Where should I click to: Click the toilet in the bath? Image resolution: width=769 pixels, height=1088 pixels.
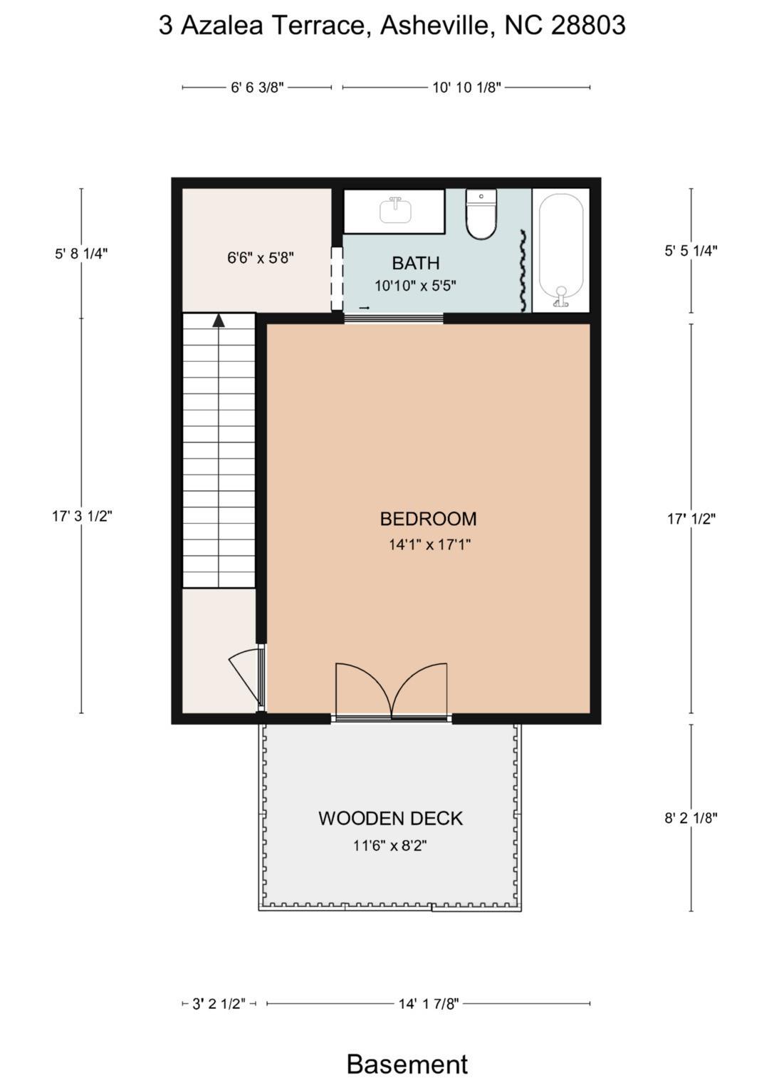pyautogui.click(x=481, y=214)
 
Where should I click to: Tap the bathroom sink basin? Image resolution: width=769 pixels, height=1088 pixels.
pyautogui.click(x=395, y=211)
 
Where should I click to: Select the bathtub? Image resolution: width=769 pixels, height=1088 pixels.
pyautogui.click(x=561, y=251)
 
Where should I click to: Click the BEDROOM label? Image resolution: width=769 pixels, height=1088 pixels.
pyautogui.click(x=428, y=519)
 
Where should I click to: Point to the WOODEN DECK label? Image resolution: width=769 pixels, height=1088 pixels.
pyautogui.click(x=391, y=819)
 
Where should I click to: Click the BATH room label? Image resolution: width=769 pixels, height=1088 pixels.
pyautogui.click(x=416, y=263)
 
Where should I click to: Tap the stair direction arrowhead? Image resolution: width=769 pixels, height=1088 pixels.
pyautogui.click(x=219, y=320)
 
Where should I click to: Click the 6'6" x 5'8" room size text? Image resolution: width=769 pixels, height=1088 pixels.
pyautogui.click(x=261, y=257)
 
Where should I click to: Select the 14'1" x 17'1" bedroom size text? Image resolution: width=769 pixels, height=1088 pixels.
pyautogui.click(x=429, y=544)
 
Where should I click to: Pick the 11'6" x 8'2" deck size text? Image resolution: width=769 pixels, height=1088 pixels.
pyautogui.click(x=390, y=846)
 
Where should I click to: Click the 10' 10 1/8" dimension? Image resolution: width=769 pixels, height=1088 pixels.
pyautogui.click(x=466, y=88)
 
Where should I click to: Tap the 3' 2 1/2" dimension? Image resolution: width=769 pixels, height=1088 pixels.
pyautogui.click(x=219, y=1003)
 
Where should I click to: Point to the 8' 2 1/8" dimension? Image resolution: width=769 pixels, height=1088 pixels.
pyautogui.click(x=691, y=818)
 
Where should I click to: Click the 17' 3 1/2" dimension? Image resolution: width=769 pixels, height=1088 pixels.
pyautogui.click(x=82, y=516)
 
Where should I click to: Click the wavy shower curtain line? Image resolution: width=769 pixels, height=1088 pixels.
pyautogui.click(x=523, y=271)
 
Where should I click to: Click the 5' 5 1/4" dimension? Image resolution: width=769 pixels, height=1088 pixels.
pyautogui.click(x=691, y=251)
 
